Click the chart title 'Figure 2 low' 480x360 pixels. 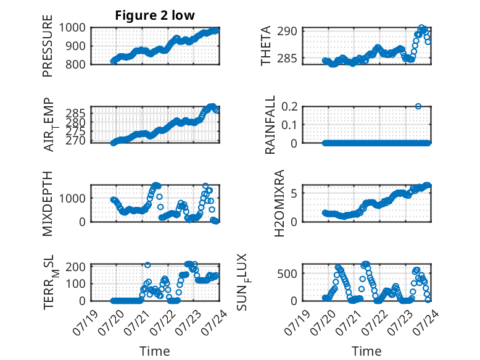point(155,15)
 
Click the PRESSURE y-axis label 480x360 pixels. point(48,46)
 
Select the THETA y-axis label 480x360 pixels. point(266,46)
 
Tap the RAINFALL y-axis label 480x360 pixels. point(270,124)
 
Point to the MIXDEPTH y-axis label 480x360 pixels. point(48,204)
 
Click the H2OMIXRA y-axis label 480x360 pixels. point(279,203)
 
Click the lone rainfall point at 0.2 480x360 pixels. point(418,106)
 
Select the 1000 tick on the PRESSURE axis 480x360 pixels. point(72,28)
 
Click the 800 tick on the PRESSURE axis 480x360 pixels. point(76,64)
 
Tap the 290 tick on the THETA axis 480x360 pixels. point(287,31)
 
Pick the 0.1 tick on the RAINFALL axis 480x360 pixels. point(289,125)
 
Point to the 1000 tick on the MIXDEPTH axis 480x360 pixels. point(72,198)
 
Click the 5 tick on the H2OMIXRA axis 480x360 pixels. point(294,193)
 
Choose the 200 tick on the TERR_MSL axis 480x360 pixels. point(76,266)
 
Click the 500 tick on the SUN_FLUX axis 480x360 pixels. point(287,274)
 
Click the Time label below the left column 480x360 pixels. point(155,351)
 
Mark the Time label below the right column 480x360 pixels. point(366,351)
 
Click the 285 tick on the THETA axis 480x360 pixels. point(287,58)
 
